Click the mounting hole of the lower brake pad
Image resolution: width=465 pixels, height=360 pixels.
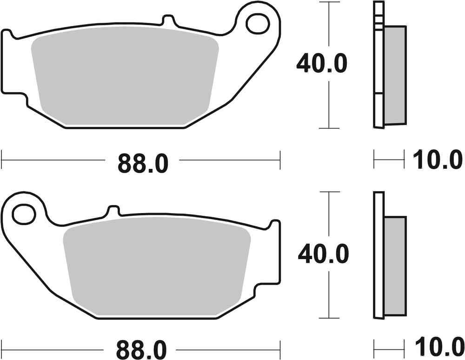(x=24, y=213)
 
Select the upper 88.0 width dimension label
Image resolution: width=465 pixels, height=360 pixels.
(x=142, y=163)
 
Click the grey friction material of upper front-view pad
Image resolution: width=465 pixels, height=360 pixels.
(x=126, y=79)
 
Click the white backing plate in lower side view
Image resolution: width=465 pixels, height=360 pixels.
(x=379, y=256)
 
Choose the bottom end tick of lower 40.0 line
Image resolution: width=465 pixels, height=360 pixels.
(x=329, y=318)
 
